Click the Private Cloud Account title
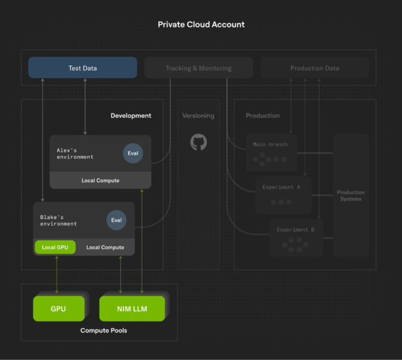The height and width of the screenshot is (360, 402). pos(201,24)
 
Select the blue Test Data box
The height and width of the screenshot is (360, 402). pos(82,68)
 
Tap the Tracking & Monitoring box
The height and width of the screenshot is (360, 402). pos(198,68)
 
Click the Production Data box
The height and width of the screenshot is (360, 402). pos(314,68)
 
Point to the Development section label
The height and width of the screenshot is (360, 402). pos(131,115)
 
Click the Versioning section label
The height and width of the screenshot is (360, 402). pos(198,115)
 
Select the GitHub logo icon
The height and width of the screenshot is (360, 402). pos(198,142)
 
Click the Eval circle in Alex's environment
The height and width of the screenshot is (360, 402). pos(133,153)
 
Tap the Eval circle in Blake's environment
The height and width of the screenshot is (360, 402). pos(116,220)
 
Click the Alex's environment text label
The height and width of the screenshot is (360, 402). pos(71,153)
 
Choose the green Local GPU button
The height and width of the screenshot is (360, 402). pos(55,247)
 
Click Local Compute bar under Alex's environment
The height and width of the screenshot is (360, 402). pos(100,180)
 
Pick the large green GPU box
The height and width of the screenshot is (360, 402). pos(58,308)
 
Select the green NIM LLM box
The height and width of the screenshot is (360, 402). pos(132,308)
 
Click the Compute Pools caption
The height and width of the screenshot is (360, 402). pos(103,330)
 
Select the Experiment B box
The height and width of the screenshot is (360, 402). pos(296,238)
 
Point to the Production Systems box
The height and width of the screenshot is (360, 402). pos(350,195)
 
